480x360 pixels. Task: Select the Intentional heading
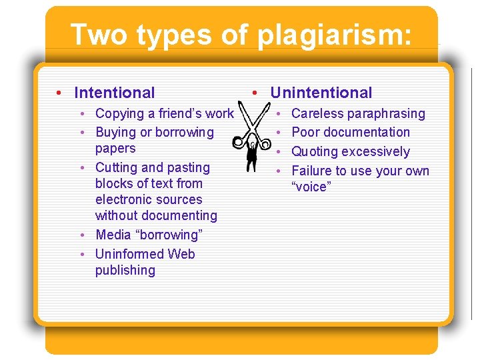(115, 93)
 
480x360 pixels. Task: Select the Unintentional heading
(321, 93)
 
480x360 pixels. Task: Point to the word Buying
(117, 133)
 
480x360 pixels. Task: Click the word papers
(115, 149)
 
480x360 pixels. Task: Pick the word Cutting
(117, 168)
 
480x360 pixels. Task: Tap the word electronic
(126, 200)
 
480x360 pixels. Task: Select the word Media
(113, 235)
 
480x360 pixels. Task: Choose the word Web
(181, 255)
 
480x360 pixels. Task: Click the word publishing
(125, 271)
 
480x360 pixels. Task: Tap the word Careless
(317, 114)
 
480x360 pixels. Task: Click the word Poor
(306, 133)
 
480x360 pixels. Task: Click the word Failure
(313, 171)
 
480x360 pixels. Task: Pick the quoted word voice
(310, 187)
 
